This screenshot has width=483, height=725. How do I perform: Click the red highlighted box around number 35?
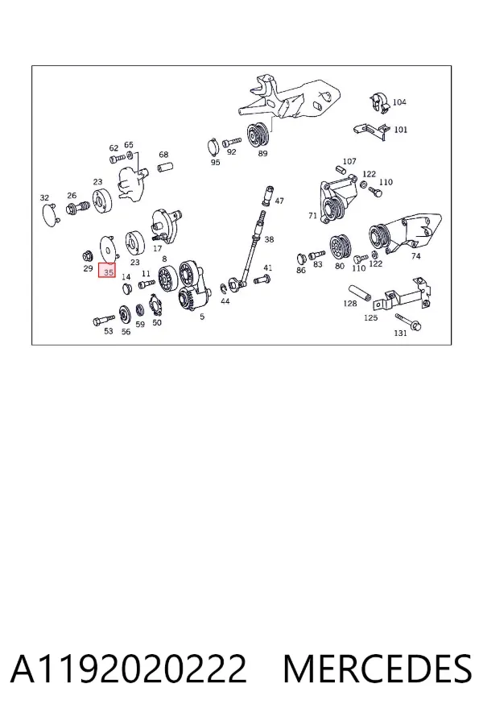click(107, 270)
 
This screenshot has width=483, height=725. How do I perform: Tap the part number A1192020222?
click(129, 669)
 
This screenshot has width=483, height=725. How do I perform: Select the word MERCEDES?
click(378, 669)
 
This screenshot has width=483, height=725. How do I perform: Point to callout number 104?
click(399, 101)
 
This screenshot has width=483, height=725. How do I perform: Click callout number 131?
click(400, 333)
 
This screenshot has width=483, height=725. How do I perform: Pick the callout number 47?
click(279, 201)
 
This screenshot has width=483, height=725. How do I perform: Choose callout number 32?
click(44, 198)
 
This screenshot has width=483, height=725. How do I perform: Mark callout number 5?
click(202, 317)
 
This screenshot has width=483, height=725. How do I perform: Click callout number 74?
click(416, 255)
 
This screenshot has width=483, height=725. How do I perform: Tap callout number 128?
click(350, 304)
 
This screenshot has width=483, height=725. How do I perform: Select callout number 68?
click(163, 155)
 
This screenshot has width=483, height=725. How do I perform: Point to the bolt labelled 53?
click(104, 320)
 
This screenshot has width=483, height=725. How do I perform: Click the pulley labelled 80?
click(341, 248)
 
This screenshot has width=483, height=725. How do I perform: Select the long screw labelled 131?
click(408, 321)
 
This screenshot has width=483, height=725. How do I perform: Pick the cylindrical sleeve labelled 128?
click(361, 292)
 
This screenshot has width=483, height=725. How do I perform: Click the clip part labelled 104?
click(379, 102)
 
